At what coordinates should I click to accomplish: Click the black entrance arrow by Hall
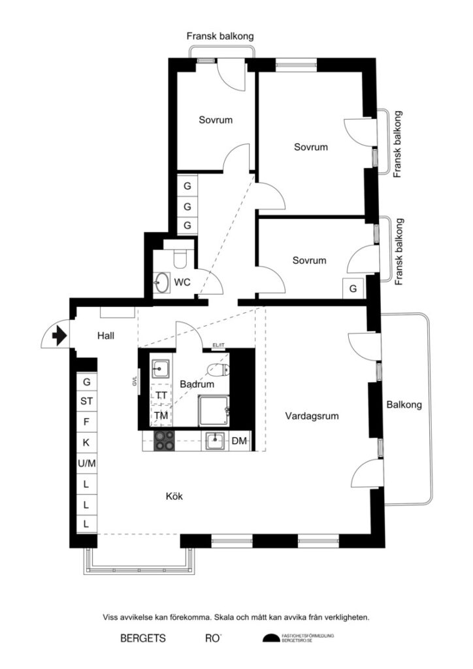click(x=59, y=336)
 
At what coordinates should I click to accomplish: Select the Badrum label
click(x=197, y=385)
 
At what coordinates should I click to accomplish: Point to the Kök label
click(x=174, y=497)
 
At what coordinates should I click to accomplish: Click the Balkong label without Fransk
click(x=404, y=404)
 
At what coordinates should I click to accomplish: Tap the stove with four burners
click(x=164, y=442)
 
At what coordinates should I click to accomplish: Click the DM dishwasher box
click(x=240, y=442)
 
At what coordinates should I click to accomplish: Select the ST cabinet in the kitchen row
click(x=86, y=401)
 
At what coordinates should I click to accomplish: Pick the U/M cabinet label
click(x=86, y=463)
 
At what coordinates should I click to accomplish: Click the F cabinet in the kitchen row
click(x=86, y=422)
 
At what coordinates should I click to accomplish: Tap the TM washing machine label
click(x=161, y=415)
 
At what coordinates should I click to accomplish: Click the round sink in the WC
click(x=161, y=284)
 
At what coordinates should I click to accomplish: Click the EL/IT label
click(x=218, y=346)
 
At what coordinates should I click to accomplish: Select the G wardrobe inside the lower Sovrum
click(x=353, y=288)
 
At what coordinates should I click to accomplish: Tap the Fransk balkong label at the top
click(x=220, y=37)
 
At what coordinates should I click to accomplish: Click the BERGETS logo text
click(x=142, y=638)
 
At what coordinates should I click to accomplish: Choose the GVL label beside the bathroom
click(x=135, y=381)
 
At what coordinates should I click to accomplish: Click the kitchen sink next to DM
click(x=216, y=442)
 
